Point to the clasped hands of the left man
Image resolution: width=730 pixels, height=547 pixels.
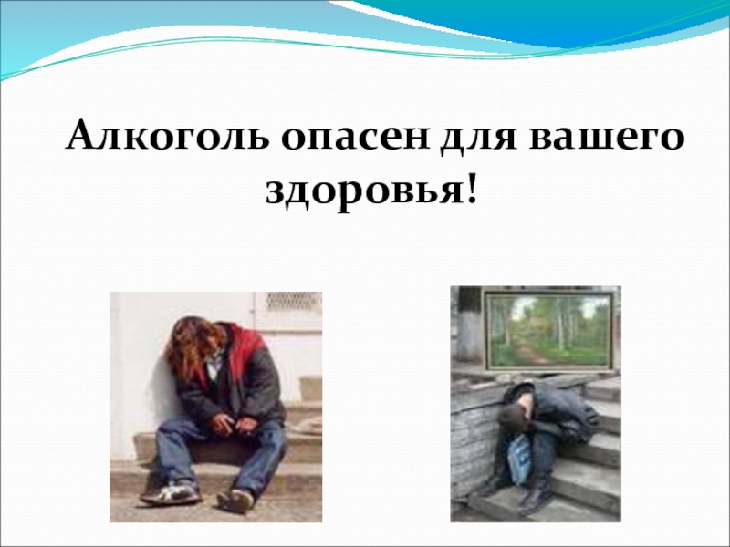coord(223,420)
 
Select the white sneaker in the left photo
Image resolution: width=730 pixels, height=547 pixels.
coord(170,493)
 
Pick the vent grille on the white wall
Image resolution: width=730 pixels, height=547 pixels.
coord(293,303)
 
